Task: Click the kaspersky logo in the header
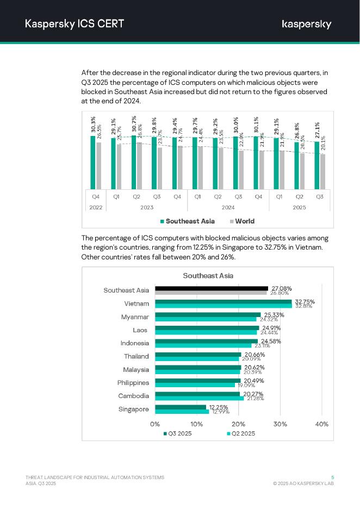[307, 24]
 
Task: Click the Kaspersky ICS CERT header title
[75, 23]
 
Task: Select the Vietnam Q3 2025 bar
[224, 301]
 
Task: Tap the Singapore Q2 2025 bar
[182, 412]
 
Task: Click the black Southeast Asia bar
[212, 288]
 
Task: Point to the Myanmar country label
[135, 317]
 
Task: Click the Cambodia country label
[133, 396]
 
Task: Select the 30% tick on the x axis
[280, 424]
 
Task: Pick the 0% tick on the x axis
[155, 424]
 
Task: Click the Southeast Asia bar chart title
[208, 276]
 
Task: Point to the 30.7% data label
[134, 125]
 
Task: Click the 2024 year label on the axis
[228, 207]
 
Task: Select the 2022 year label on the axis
[96, 207]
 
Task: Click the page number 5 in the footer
[332, 477]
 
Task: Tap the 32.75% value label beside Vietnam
[305, 302]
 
